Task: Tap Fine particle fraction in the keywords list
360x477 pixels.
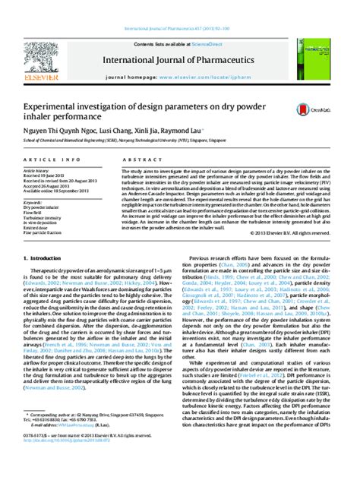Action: pyautogui.click(x=45, y=234)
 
